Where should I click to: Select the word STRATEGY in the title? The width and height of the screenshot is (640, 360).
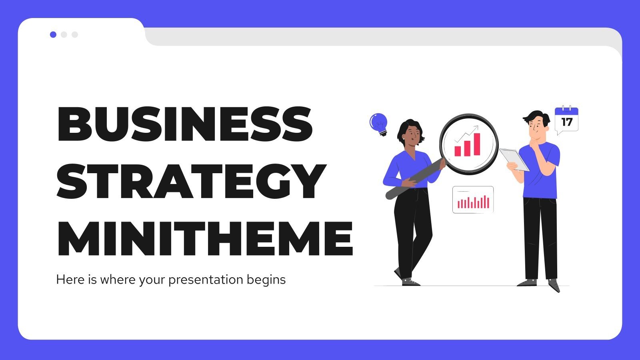coord(191,182)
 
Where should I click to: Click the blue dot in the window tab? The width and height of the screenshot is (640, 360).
coord(53,35)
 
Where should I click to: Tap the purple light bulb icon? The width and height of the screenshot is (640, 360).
coord(378,123)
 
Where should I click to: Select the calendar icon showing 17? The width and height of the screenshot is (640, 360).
coord(566,119)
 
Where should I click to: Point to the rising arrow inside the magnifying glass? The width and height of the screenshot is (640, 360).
coord(467,134)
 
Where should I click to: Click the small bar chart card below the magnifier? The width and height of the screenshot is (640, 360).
coord(473,200)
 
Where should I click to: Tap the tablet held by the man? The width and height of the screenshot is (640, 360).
coord(514,159)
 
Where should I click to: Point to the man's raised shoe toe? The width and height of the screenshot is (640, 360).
coord(555,287)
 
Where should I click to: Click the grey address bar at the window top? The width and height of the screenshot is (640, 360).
coord(380,37)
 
